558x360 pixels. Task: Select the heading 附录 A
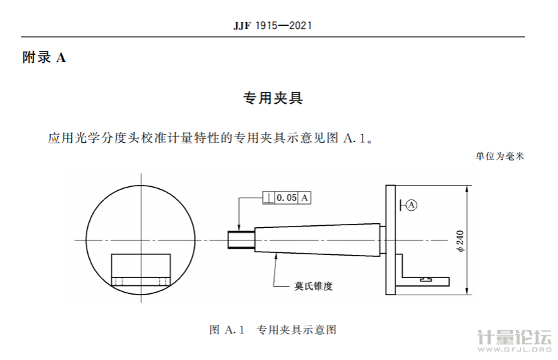pos(44,57)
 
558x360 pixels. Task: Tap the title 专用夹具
pos(273,98)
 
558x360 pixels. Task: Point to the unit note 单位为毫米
pos(499,157)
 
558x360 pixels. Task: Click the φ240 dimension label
pos(460,240)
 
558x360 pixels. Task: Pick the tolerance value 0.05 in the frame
pos(287,198)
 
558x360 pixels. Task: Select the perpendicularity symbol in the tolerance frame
pos(269,198)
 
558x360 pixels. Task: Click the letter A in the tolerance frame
pos(305,198)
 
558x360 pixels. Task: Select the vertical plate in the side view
pos(389,239)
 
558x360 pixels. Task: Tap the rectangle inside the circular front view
pos(141,270)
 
